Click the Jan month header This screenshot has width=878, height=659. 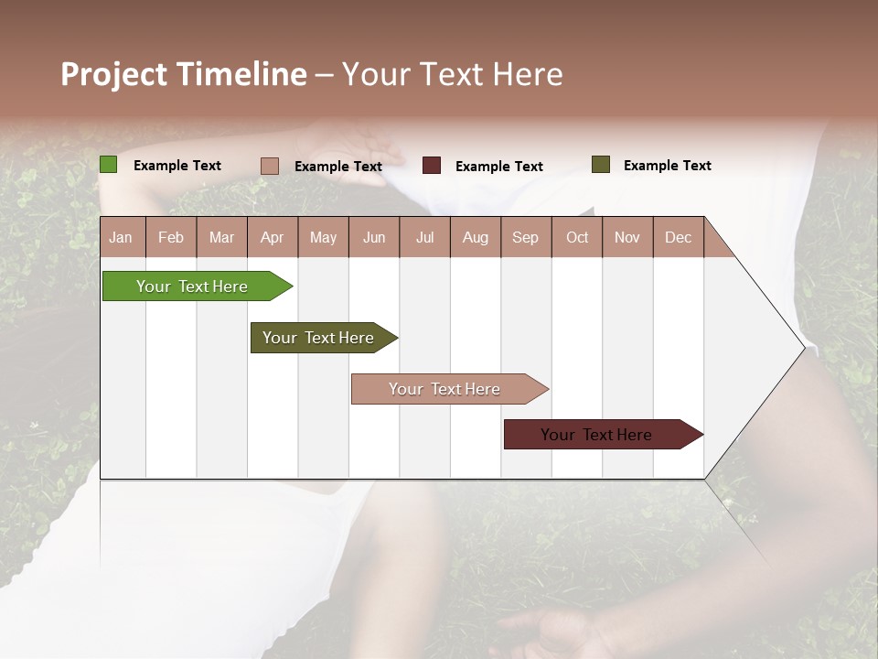(x=121, y=237)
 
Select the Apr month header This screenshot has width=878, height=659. (x=272, y=237)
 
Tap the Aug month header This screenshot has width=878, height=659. (x=475, y=237)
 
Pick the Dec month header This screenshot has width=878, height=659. (x=678, y=237)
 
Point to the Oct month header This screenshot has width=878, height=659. (x=576, y=237)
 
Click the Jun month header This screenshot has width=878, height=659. (x=373, y=237)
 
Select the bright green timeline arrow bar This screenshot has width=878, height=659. (x=192, y=286)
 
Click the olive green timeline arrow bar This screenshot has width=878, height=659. (x=318, y=338)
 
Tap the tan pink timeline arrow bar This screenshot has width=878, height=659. (x=444, y=389)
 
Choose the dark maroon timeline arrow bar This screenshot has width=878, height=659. (x=596, y=435)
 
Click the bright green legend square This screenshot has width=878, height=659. (x=108, y=165)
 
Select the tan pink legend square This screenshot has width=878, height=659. (x=269, y=166)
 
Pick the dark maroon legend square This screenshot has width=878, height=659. (x=432, y=165)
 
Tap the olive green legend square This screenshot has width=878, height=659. (x=600, y=165)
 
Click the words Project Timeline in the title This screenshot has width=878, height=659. (x=183, y=74)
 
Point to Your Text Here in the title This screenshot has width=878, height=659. (x=452, y=74)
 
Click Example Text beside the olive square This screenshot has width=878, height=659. (x=667, y=166)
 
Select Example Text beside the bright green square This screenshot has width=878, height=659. (x=177, y=166)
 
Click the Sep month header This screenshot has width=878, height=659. (x=525, y=237)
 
